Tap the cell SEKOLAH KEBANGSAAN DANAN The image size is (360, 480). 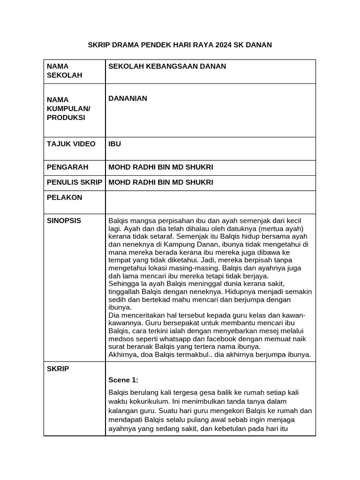pyautogui.click(x=167, y=67)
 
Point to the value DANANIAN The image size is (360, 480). pyautogui.click(x=128, y=98)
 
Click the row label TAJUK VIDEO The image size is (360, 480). pyautogui.click(x=71, y=144)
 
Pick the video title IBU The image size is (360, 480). pyautogui.click(x=114, y=144)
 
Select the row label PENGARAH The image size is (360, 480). pyautogui.click(x=68, y=167)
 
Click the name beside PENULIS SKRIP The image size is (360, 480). pyautogui.click(x=161, y=182)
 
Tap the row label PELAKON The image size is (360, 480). pyautogui.click(x=64, y=197)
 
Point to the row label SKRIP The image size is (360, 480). pyautogui.click(x=58, y=369)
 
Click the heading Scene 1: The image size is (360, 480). pyautogui.click(x=123, y=379)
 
